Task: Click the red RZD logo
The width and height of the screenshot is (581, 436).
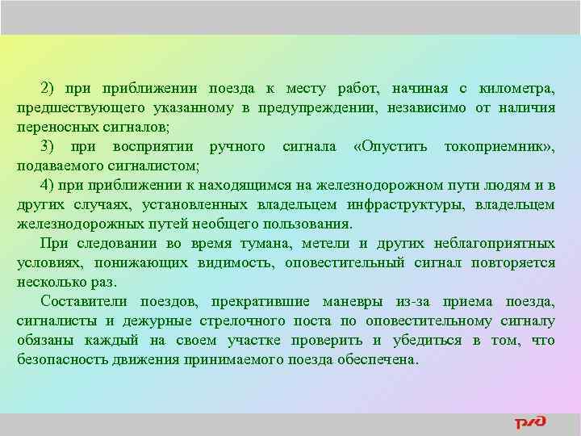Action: tap(531, 422)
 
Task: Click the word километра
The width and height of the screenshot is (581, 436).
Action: tap(520, 88)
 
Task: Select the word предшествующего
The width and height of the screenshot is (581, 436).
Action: tap(72, 107)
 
